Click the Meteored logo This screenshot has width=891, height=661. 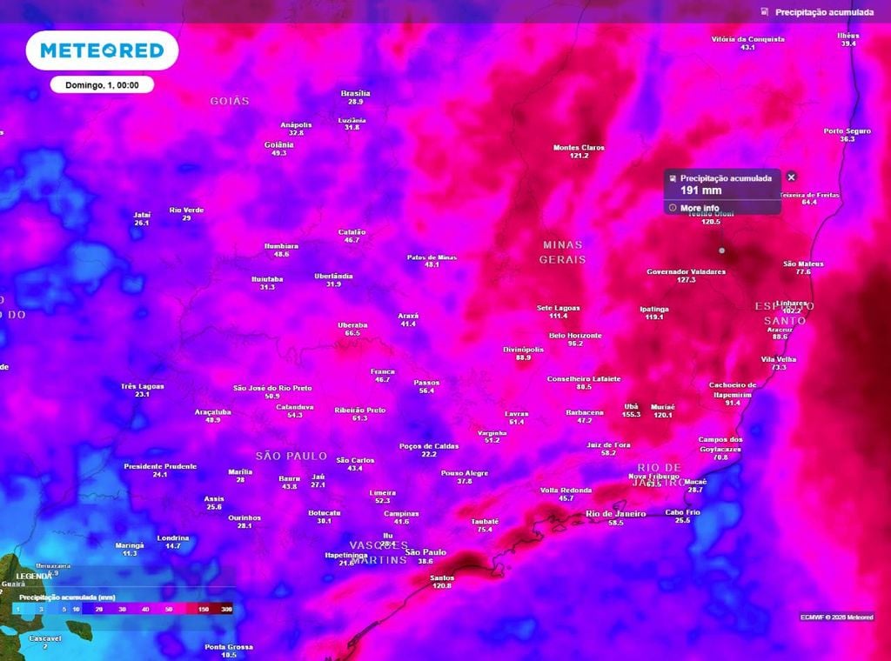pos(102,50)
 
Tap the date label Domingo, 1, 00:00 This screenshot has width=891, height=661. pos(102,84)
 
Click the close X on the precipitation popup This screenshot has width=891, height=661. pos(791,177)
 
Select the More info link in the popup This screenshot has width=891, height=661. pos(700,208)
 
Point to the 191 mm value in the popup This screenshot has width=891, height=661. pos(700,190)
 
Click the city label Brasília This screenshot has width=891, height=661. pos(355,93)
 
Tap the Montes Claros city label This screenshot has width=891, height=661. pos(579,147)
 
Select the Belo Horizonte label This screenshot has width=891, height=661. pos(575,335)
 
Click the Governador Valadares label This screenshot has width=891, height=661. pos(686,271)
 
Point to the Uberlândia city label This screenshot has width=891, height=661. pos(333,276)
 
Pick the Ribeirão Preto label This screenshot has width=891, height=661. pos(359,410)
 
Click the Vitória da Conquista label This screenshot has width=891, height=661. pos(747,39)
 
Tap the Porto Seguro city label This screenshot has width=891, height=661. pos(847,130)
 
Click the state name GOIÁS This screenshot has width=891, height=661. pos(230,101)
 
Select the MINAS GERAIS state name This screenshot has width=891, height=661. pos(562,252)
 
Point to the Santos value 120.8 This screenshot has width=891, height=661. pos(442,586)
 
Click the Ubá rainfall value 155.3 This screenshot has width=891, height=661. pos(632,415)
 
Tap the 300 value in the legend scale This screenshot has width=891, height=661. pos(226,610)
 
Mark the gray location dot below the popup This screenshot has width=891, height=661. pos(721,250)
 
